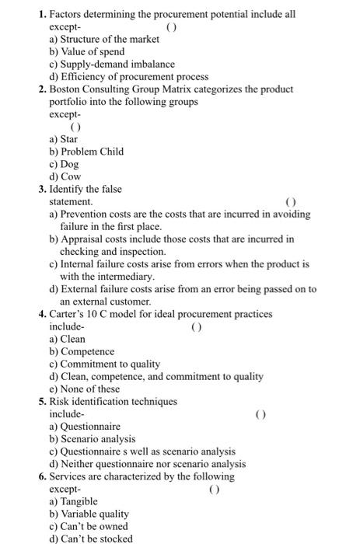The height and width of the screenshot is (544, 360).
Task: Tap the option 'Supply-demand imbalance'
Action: coord(112,65)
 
